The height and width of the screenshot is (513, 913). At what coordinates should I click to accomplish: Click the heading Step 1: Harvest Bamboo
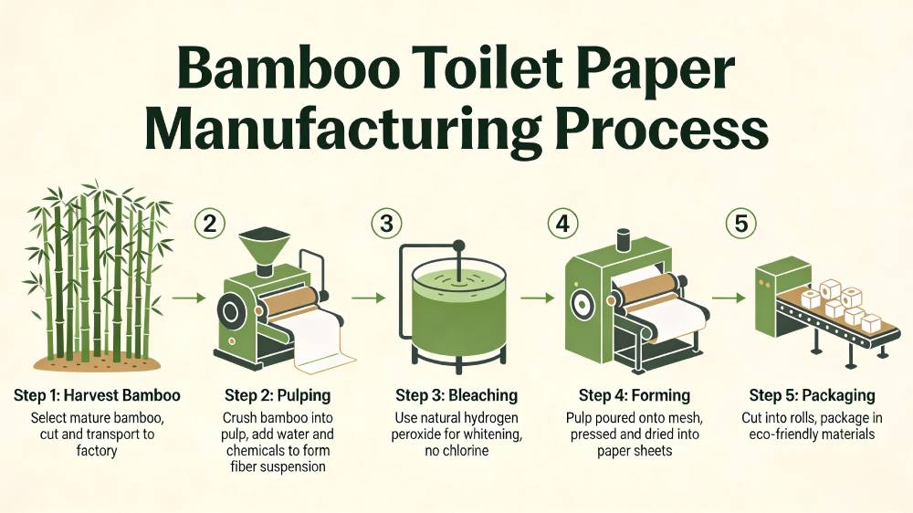(97, 395)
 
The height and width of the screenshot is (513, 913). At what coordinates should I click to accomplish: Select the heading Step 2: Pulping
(278, 395)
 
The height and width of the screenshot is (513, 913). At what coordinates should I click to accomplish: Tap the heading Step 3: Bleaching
(456, 395)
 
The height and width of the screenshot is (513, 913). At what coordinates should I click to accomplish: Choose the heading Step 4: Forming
(634, 395)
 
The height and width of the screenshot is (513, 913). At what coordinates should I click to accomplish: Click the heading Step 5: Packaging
(812, 395)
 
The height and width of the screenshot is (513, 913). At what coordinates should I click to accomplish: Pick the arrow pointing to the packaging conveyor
(728, 298)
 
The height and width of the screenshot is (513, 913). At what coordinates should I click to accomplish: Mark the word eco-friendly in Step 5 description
(779, 434)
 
